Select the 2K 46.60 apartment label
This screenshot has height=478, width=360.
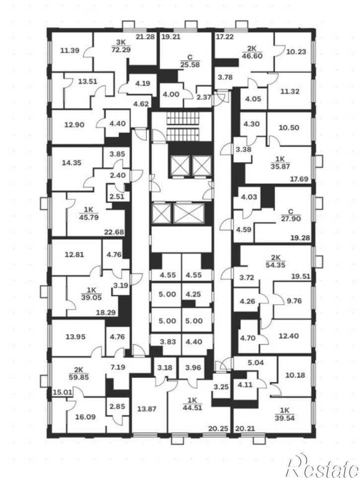[252, 53]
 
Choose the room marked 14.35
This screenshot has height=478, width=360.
[72, 163]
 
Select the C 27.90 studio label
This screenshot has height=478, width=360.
[290, 215]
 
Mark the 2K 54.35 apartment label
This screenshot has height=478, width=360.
[275, 261]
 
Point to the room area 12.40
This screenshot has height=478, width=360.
[288, 336]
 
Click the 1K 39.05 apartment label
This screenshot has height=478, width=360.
[91, 294]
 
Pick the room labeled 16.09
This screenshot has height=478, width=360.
[85, 416]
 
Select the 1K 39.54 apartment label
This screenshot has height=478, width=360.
[285, 414]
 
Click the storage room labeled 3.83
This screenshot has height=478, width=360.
[168, 342]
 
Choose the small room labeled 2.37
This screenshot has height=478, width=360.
[204, 97]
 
